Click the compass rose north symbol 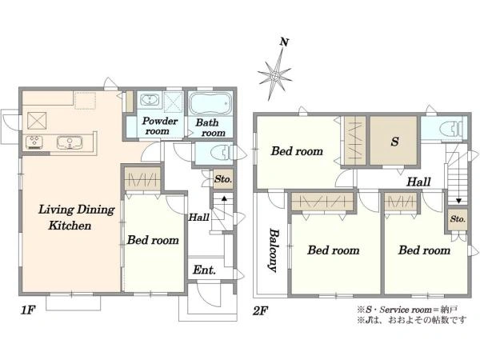click(275, 75)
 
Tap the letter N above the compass click(284, 42)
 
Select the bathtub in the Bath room click(210, 103)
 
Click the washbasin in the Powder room click(150, 99)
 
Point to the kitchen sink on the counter click(70, 142)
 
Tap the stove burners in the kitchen click(34, 142)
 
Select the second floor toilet click(450, 128)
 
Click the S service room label click(395, 142)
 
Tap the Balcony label click(274, 250)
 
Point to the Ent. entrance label click(204, 270)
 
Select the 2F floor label click(261, 311)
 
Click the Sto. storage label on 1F click(223, 178)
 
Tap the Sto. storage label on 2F click(458, 219)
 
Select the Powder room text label click(159, 126)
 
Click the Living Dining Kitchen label click(76, 218)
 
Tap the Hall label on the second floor click(418, 182)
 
